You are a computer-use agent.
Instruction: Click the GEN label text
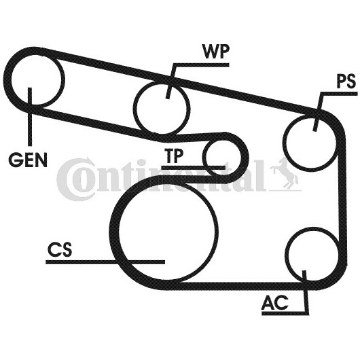coord(28,160)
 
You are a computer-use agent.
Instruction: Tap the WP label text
coord(215,51)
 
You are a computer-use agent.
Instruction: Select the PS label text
coord(346,81)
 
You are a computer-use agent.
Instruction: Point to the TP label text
coord(174,156)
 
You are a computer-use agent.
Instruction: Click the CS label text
coord(60,249)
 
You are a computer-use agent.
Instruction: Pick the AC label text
coord(274,302)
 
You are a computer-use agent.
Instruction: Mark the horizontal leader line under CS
coord(105,262)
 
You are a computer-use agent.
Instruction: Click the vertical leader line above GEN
coord(30,117)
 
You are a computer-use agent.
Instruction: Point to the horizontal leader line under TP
coord(194,168)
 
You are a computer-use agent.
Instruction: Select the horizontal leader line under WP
coord(201,65)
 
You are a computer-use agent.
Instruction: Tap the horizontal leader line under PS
coord(340,94)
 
